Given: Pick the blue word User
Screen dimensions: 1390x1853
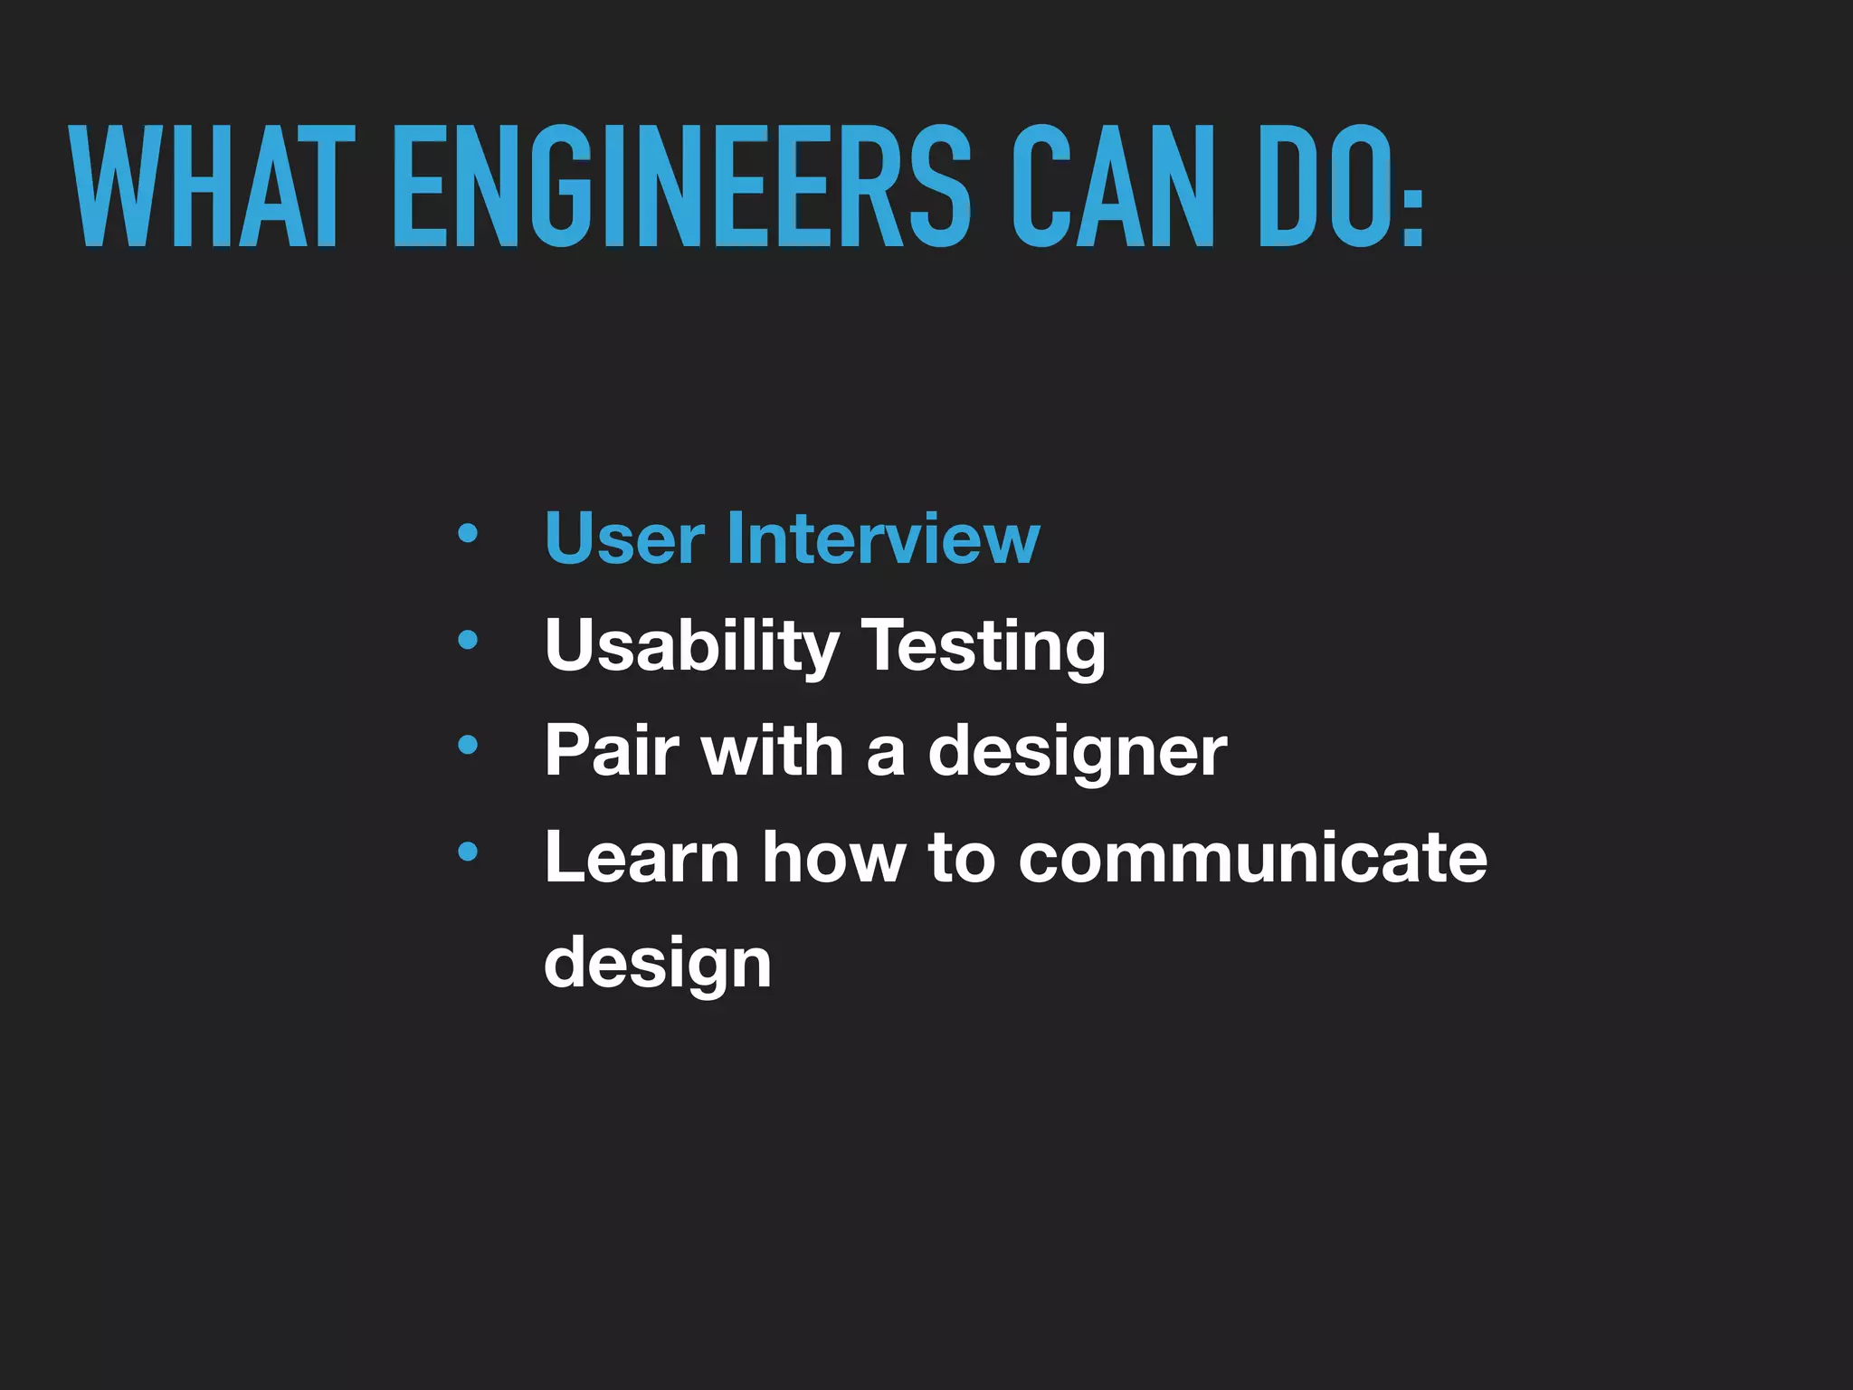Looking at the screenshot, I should pos(624,538).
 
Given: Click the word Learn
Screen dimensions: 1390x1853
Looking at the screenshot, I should pos(641,857).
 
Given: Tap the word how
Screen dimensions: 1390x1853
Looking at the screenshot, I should pos(833,857).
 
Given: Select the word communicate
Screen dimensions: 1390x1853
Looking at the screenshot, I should pos(1252,857).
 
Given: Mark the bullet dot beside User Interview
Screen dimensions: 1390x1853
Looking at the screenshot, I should pos(467,534).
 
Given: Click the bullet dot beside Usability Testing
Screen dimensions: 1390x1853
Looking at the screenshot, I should pos(467,641).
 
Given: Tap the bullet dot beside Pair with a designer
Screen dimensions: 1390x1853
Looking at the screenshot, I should pos(467,746).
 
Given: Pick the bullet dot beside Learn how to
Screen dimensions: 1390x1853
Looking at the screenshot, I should pos(467,851).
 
